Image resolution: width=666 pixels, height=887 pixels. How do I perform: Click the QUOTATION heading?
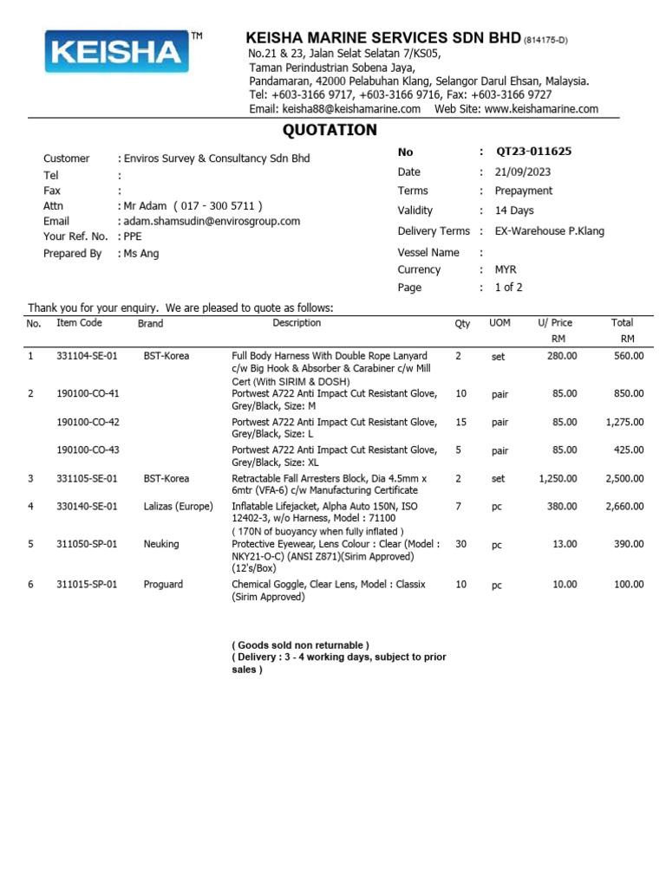(330, 130)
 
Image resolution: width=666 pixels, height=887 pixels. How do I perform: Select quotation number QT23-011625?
(533, 152)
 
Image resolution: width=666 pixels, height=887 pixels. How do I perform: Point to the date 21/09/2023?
(524, 172)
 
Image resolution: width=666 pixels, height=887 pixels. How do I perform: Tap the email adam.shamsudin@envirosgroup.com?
(212, 221)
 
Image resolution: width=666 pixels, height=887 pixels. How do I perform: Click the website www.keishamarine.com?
(541, 108)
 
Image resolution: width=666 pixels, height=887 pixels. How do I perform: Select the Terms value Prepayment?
(524, 191)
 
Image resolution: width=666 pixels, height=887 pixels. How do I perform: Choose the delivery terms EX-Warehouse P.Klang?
(550, 231)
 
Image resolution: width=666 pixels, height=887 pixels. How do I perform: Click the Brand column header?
(150, 323)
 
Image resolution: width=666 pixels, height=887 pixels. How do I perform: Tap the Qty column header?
(462, 323)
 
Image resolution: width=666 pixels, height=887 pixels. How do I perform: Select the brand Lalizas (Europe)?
(178, 506)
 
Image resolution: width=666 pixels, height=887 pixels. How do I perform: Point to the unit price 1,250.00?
(558, 478)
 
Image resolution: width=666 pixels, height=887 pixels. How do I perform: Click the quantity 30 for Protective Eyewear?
(460, 545)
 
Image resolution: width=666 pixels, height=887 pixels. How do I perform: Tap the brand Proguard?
(163, 585)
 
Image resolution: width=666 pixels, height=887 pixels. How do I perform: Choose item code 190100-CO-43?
(88, 450)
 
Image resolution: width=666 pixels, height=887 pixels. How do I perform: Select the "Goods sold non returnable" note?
(300, 645)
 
